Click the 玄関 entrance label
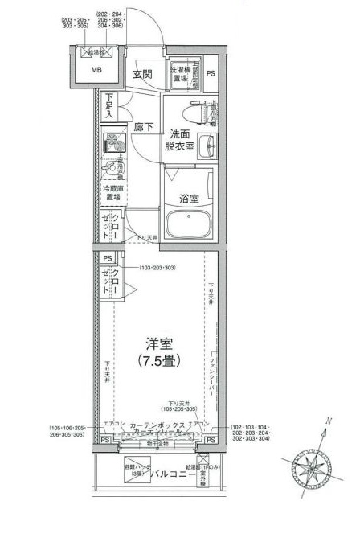(x=143, y=75)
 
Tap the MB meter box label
(x=96, y=70)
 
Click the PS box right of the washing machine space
(x=211, y=74)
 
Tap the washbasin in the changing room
(x=207, y=146)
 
